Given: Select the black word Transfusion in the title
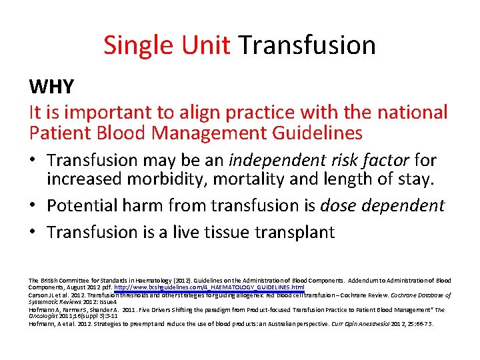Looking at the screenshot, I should (x=307, y=45).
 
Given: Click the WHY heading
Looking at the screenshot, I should (x=51, y=87).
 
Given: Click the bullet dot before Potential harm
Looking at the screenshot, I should (x=34, y=206).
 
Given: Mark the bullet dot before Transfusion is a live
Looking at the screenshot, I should (x=34, y=232).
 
